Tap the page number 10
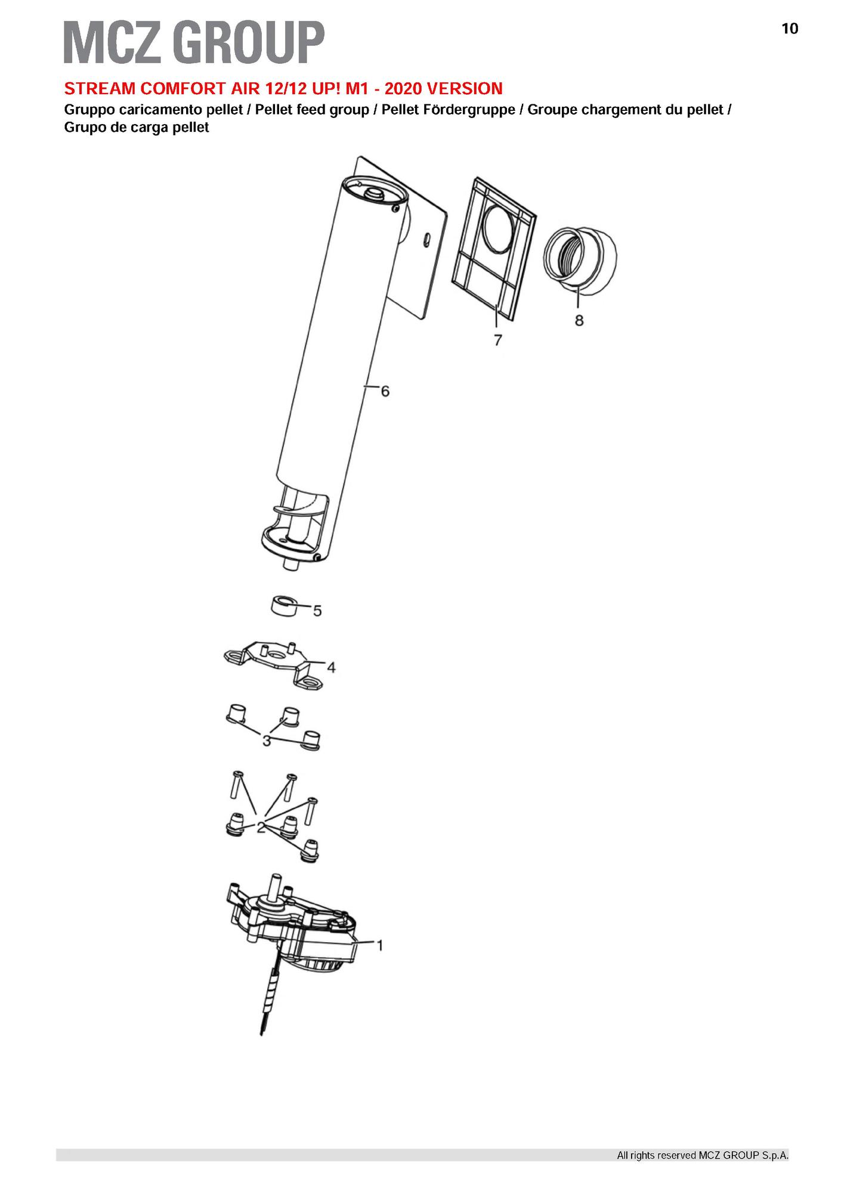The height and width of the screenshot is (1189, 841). coord(789,29)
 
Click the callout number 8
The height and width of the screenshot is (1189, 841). coord(579,320)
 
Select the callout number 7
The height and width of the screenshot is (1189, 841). coord(497,340)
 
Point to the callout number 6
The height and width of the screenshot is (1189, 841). coord(385,391)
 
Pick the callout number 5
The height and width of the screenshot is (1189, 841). coord(317,611)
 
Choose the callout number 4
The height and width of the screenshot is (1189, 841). coord(331,667)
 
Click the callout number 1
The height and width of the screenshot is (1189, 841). coord(379,945)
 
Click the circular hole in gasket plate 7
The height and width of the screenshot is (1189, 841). coord(501,225)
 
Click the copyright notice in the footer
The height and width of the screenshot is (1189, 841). coord(703,1156)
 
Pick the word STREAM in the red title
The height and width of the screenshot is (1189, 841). coord(96,89)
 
